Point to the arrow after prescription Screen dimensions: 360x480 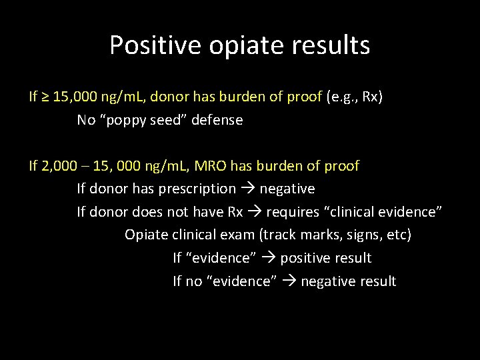coord(247,189)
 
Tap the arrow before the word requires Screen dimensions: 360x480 coord(254,212)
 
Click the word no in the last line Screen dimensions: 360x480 coord(193,281)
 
